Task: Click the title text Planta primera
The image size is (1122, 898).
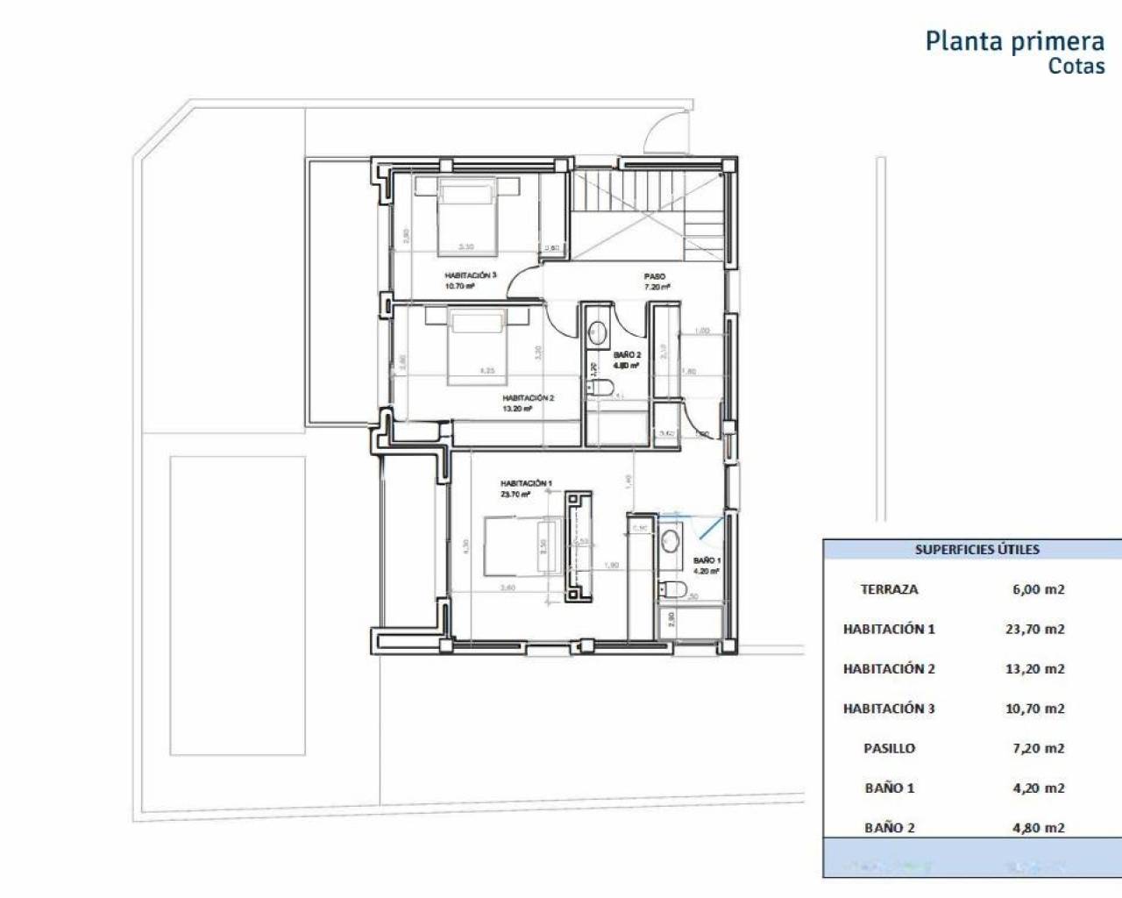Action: point(1014,41)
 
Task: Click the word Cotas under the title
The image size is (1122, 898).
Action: point(1076,66)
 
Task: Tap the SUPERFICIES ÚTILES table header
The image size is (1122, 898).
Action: point(976,550)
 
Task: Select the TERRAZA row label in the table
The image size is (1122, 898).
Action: point(889,589)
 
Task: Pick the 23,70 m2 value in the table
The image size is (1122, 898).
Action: point(1034,629)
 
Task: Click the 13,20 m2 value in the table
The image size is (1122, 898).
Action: point(1034,668)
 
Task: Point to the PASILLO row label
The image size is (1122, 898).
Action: point(889,748)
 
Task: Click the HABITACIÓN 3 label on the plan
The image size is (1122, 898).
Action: point(471,275)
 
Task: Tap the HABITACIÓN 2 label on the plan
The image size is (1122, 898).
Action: point(528,398)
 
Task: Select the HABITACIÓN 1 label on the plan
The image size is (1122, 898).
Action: point(526,483)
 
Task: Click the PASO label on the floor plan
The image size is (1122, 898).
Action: point(655,276)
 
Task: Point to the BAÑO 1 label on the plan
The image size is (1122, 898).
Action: point(707,559)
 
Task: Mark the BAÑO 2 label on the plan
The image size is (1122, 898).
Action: point(627,355)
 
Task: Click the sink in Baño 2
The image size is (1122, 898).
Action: point(597,331)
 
